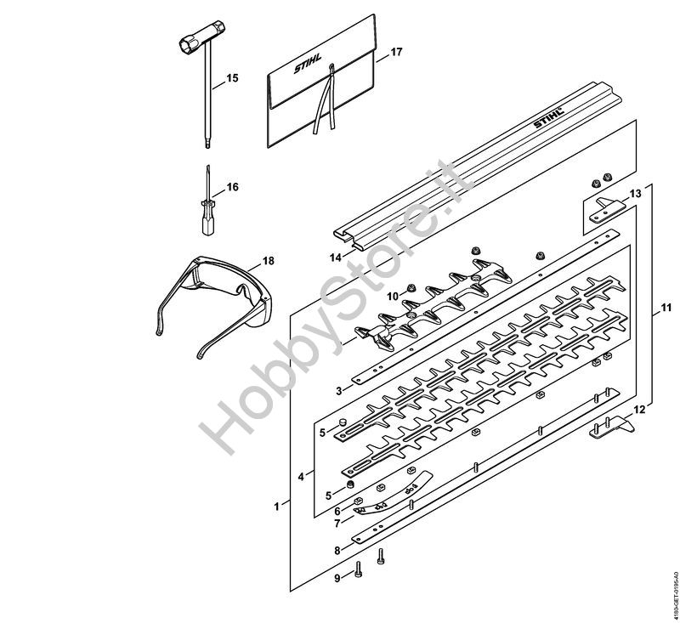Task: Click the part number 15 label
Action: [232, 77]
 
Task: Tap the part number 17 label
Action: [395, 53]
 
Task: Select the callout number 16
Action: [232, 187]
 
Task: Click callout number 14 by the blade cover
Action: [335, 256]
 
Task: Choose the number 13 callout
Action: [635, 195]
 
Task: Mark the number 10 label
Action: [393, 296]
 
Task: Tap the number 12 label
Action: [639, 410]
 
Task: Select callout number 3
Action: [338, 390]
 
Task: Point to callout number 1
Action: [276, 507]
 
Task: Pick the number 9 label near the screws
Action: [337, 578]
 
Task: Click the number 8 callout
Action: [337, 551]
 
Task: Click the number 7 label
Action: [337, 524]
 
